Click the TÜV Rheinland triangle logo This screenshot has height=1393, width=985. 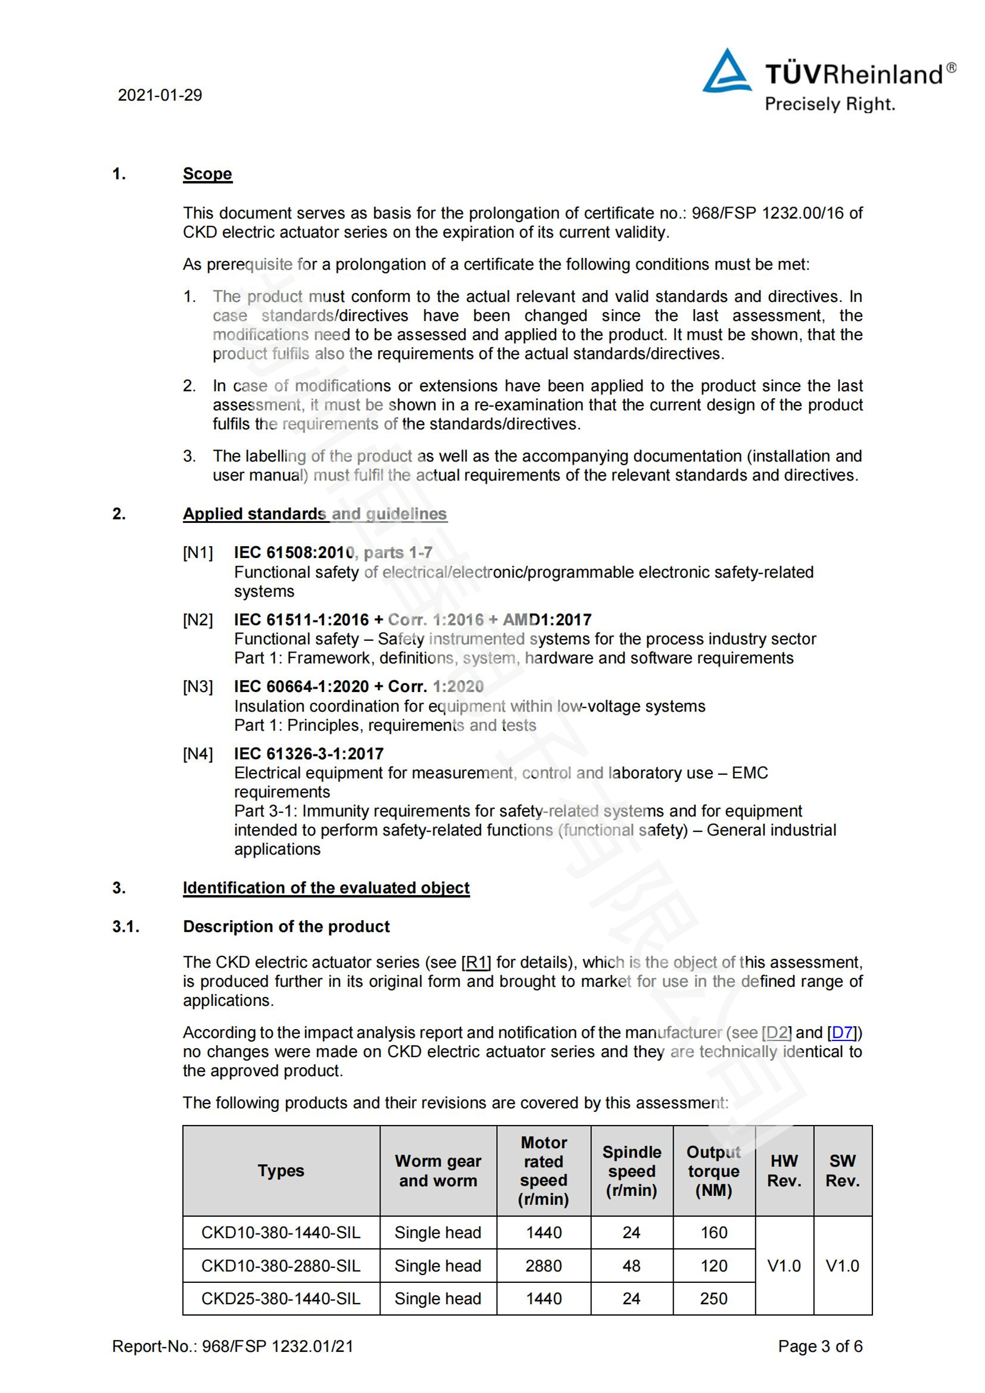tap(726, 72)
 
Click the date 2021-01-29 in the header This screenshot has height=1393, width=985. tap(160, 95)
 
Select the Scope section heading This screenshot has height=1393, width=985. tap(207, 174)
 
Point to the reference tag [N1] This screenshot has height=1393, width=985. tap(198, 553)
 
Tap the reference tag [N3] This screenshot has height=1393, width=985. tap(198, 687)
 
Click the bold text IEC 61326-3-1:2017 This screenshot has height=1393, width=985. tap(308, 753)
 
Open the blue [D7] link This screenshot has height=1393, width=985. tap(843, 1032)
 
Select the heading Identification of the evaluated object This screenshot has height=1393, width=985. tap(326, 887)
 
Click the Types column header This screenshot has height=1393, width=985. tap(281, 1170)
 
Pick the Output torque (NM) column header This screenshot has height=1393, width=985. tap(713, 1170)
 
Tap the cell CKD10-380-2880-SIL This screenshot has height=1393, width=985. tap(281, 1266)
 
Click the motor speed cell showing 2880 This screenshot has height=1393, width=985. tap(544, 1266)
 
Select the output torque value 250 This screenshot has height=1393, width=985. tap(713, 1298)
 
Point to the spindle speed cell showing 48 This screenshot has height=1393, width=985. tap(631, 1266)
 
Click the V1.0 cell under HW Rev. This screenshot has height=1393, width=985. tap(784, 1266)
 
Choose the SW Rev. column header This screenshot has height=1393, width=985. tap(842, 1170)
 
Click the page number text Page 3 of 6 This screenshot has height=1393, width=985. tap(819, 1347)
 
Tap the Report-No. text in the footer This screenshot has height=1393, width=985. tap(232, 1347)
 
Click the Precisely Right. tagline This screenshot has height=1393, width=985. tap(829, 104)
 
